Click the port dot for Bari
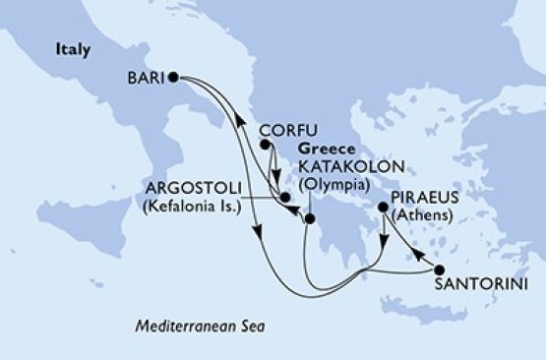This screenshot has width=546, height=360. pyautogui.click(x=173, y=76)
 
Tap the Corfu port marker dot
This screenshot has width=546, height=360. pyautogui.click(x=265, y=145)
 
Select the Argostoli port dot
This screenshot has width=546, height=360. pyautogui.click(x=284, y=197)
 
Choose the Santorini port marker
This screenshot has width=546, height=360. pyautogui.click(x=439, y=269)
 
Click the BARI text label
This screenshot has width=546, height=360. pyautogui.click(x=146, y=77)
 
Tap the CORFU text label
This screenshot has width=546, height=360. pyautogui.click(x=283, y=130)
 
